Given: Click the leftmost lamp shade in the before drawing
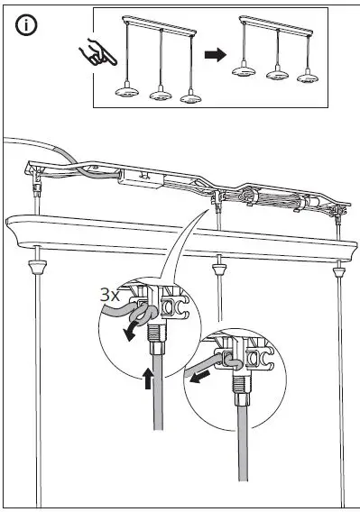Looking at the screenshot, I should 128,92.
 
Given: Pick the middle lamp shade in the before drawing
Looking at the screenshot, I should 161,93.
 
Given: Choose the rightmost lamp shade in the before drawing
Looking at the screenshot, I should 190,96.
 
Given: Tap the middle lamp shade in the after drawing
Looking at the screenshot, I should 277,74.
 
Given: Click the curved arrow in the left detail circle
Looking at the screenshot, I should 133,328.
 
